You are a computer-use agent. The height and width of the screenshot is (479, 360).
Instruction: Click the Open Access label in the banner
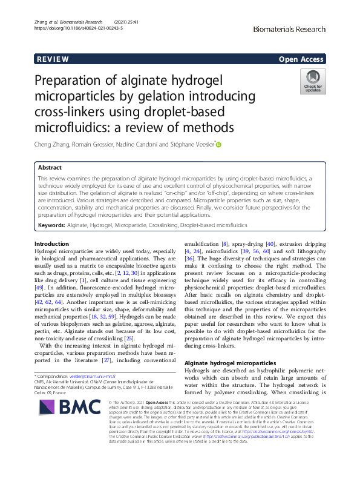pos(301,59)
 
